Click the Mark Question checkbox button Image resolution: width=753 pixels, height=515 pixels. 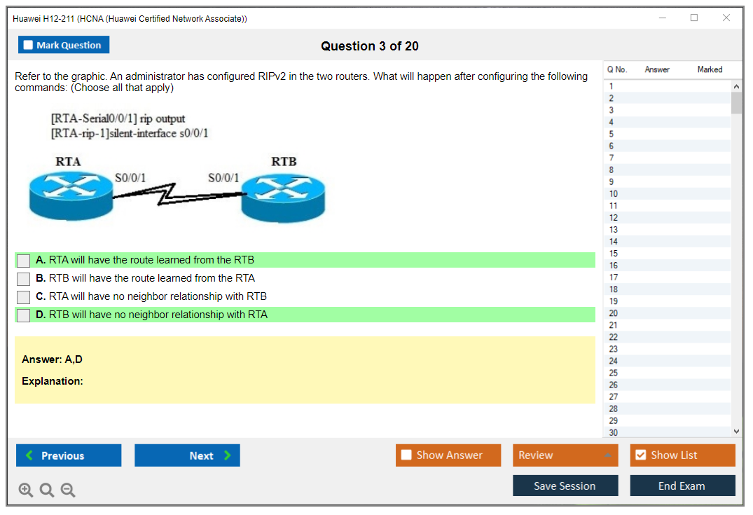click(x=64, y=45)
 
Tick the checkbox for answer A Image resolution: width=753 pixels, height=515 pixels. click(x=24, y=261)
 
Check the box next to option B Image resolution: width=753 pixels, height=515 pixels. click(x=24, y=279)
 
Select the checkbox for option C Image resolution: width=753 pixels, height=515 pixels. click(x=24, y=297)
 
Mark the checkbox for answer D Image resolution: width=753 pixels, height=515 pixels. click(x=24, y=315)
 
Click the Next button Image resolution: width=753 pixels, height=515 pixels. click(x=187, y=455)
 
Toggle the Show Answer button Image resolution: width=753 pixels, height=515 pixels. click(x=448, y=455)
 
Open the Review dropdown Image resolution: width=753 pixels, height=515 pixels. click(x=565, y=455)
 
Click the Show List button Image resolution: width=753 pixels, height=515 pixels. click(x=682, y=455)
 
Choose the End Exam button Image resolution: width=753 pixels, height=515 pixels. click(x=682, y=486)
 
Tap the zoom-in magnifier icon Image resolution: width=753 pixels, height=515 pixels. click(x=26, y=490)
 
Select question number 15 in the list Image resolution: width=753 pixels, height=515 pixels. click(x=614, y=254)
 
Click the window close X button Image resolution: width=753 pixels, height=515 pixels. click(x=726, y=18)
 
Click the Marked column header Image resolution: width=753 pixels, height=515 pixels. click(x=710, y=69)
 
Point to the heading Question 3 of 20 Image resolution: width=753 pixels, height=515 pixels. click(x=370, y=46)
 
